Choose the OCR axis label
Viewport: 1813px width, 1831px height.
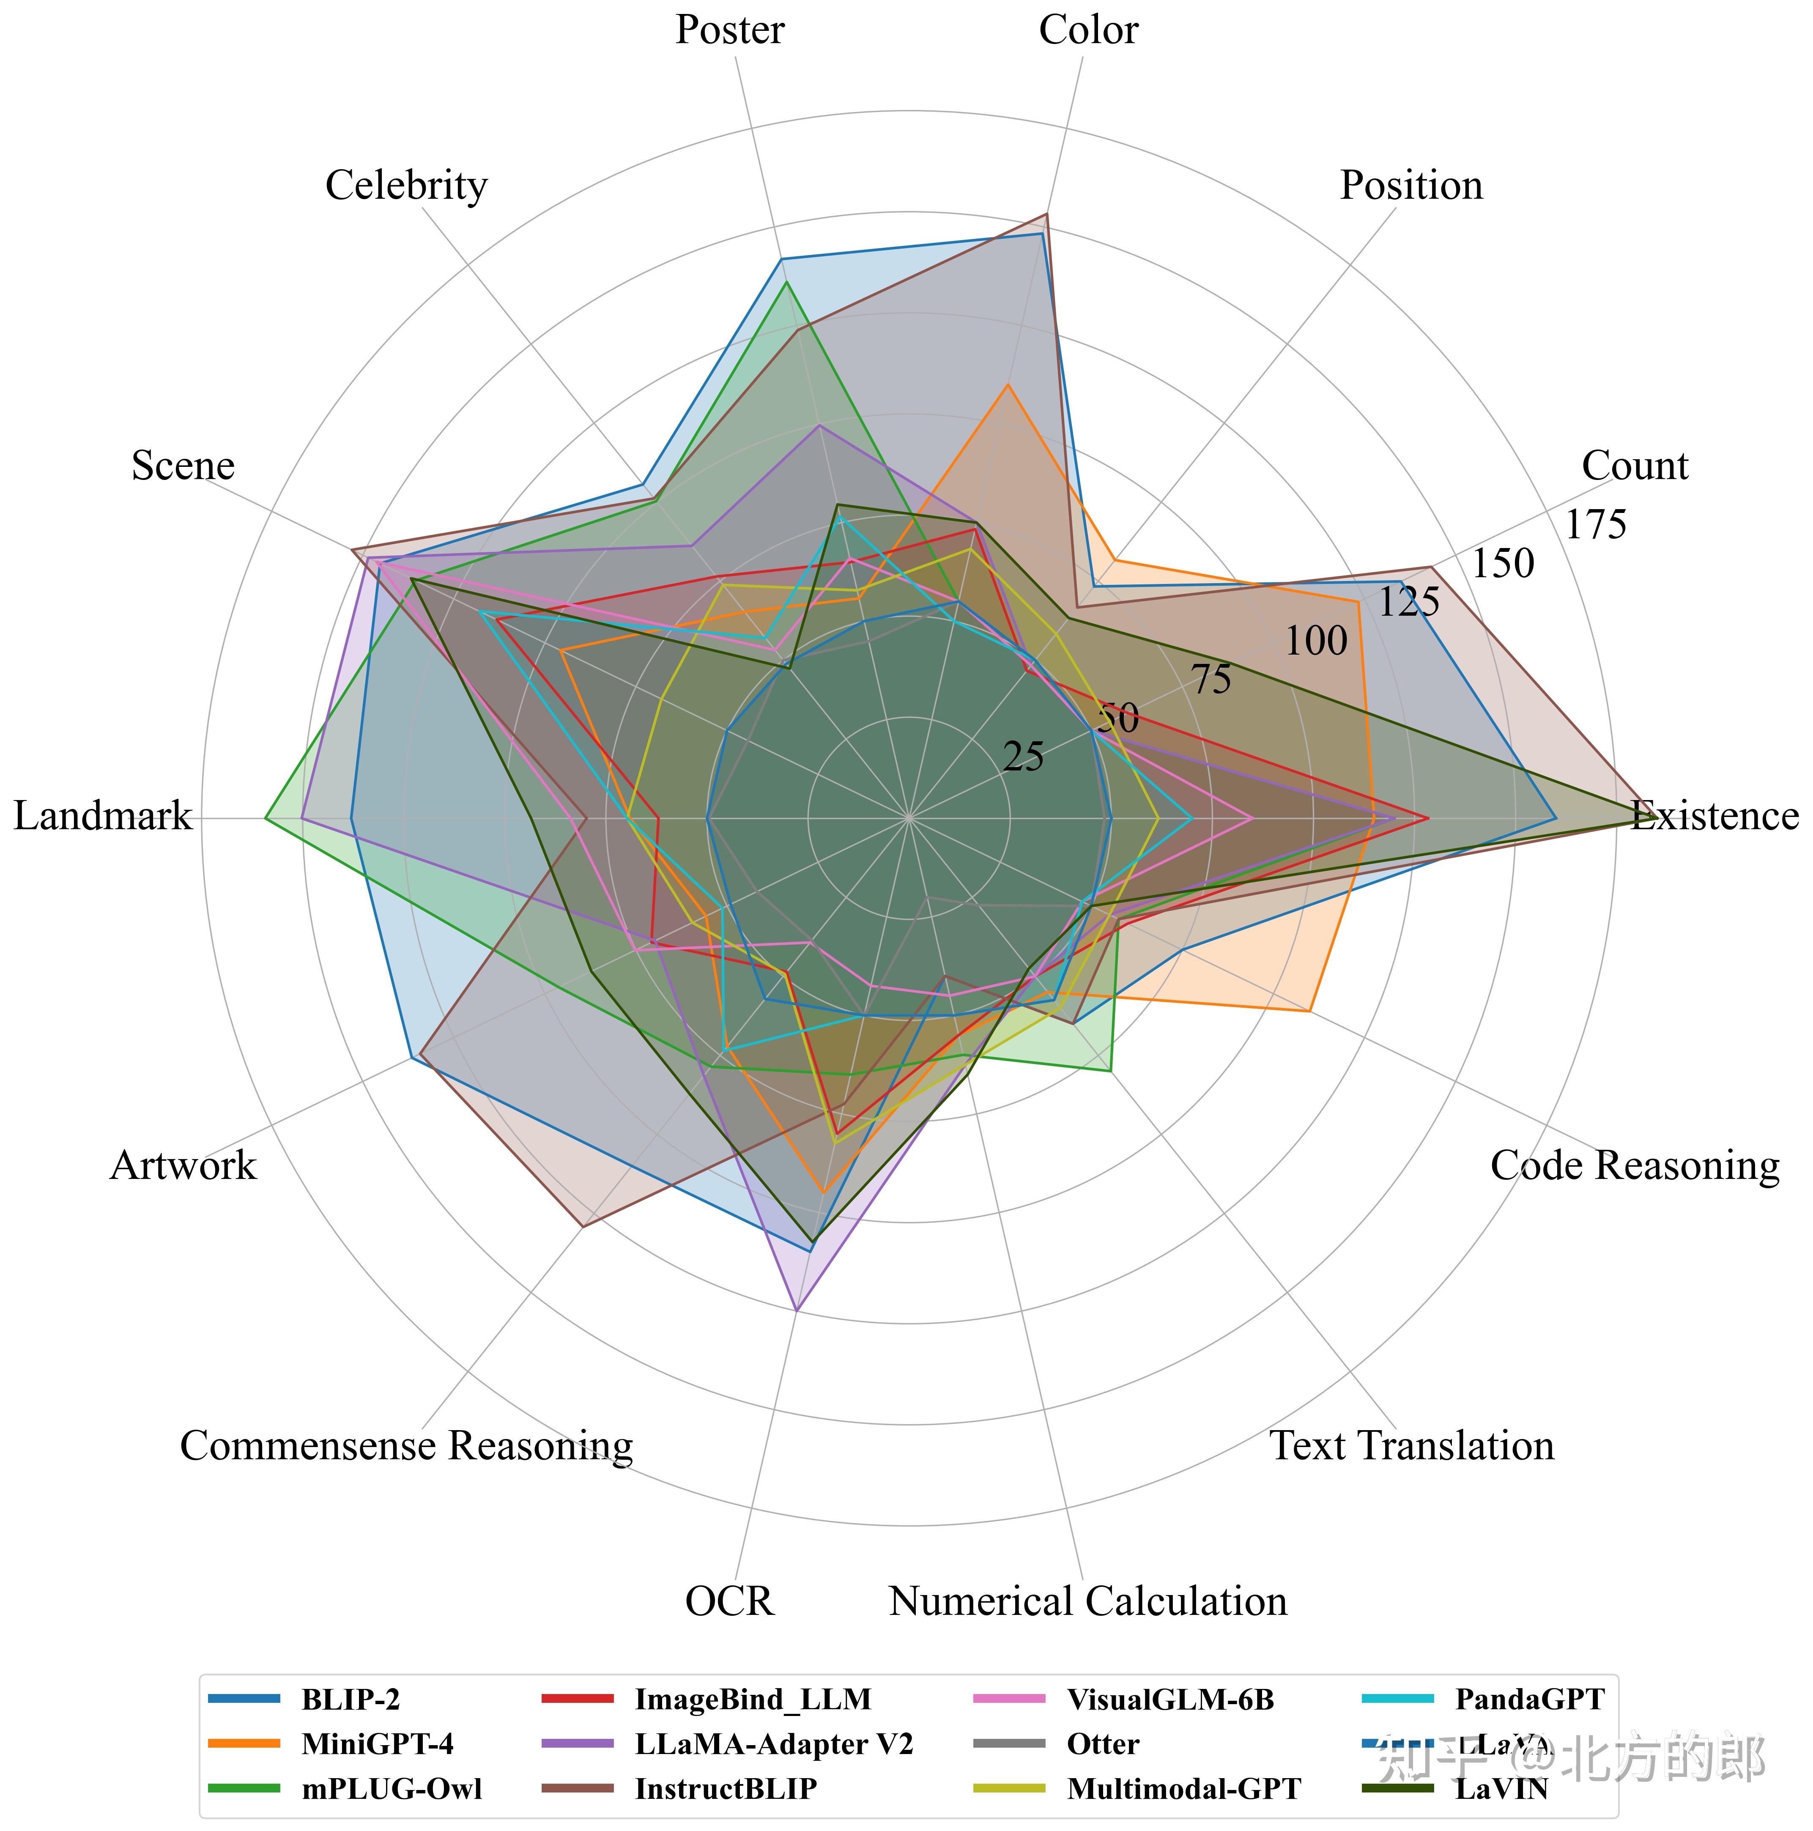click(x=729, y=1603)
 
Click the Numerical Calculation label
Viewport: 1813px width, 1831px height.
click(x=1088, y=1603)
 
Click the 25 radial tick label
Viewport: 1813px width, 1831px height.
click(x=1024, y=757)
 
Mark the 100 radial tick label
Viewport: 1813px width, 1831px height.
click(x=1315, y=641)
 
